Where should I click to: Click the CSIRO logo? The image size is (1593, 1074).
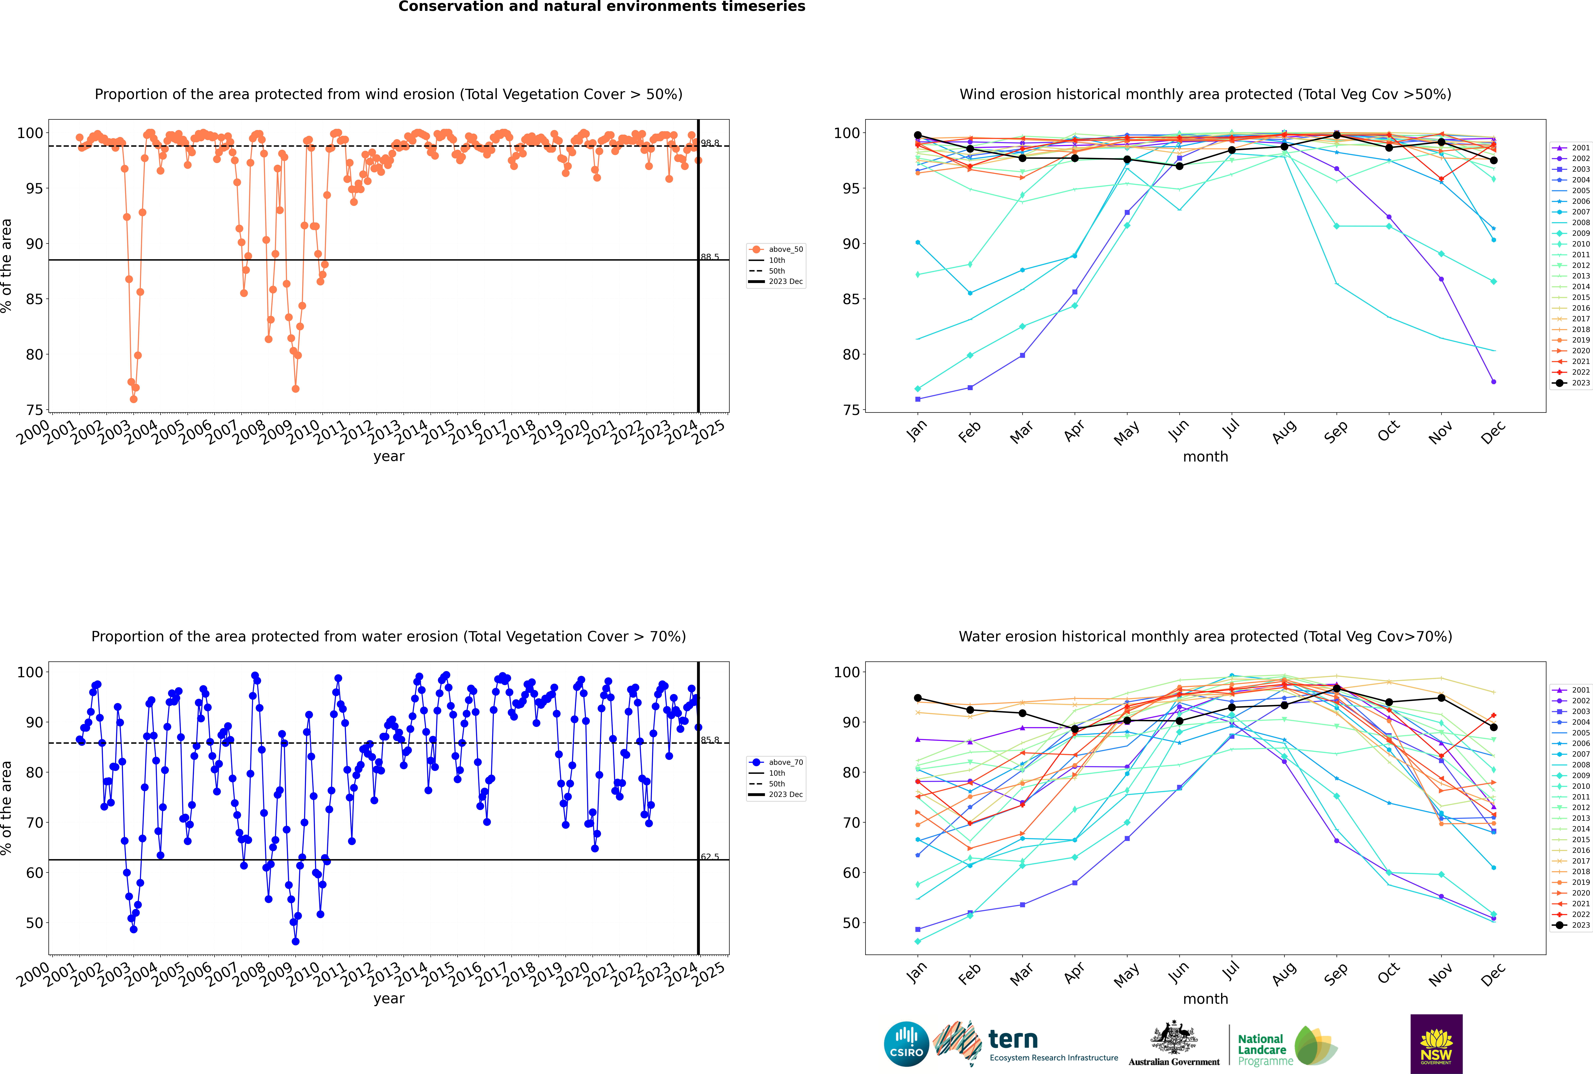click(906, 1044)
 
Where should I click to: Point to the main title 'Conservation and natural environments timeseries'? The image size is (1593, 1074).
click(601, 7)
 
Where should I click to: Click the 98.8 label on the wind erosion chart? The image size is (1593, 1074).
click(710, 143)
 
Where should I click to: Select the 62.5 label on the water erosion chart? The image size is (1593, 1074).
click(710, 857)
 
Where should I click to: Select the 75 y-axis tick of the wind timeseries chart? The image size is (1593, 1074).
click(34, 410)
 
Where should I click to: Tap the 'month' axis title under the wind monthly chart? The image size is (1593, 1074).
click(1205, 457)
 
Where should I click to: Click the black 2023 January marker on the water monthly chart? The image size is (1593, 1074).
click(918, 698)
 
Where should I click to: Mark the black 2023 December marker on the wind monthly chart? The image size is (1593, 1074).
click(1494, 160)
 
